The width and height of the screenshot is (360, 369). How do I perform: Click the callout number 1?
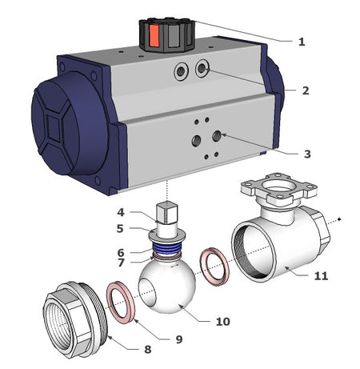(x=302, y=42)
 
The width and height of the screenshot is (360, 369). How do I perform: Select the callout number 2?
(x=306, y=90)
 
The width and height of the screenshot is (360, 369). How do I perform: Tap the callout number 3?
(x=307, y=154)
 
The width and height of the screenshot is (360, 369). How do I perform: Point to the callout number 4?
(x=121, y=212)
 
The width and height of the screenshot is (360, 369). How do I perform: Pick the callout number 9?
(x=179, y=339)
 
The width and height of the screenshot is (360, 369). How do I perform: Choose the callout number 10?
(x=223, y=322)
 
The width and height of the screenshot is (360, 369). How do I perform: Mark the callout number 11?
(x=321, y=275)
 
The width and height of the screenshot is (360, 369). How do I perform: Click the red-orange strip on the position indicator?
(x=154, y=36)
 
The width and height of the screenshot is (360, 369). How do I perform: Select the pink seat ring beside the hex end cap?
(x=121, y=303)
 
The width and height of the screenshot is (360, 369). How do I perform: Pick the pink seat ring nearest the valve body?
(x=215, y=267)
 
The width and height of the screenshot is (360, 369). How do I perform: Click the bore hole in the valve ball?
(x=147, y=291)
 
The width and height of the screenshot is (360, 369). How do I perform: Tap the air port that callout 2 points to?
(x=202, y=69)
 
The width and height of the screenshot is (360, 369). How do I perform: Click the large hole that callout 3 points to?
(x=216, y=136)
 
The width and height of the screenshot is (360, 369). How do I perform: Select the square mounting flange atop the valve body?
(x=278, y=188)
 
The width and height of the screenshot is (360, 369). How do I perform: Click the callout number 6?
(x=121, y=252)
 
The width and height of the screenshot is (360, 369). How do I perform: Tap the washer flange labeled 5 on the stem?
(x=167, y=236)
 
